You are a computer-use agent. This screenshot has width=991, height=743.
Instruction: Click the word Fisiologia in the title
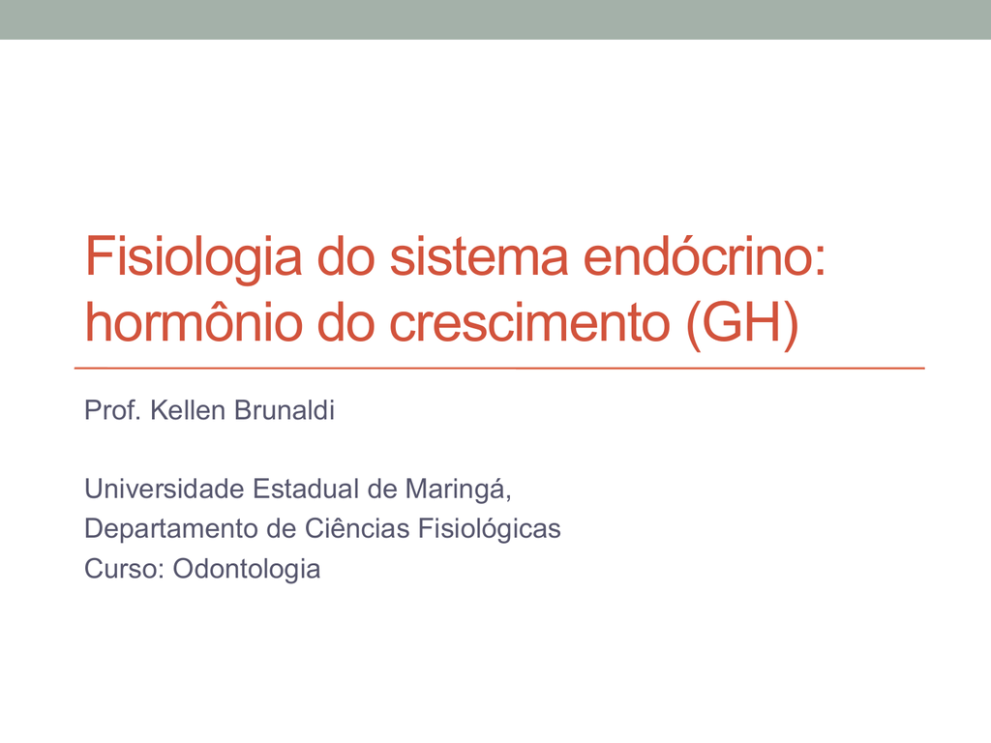(x=194, y=257)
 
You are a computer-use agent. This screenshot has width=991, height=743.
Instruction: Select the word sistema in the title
(x=479, y=255)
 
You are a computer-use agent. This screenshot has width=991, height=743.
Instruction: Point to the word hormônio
(x=194, y=321)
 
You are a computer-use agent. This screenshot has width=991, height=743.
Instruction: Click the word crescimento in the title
(x=529, y=323)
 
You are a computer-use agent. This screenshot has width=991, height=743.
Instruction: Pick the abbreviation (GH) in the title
(x=742, y=323)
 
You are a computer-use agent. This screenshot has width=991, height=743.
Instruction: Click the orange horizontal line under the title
(x=499, y=368)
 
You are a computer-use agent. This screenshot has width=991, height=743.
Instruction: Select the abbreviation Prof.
(x=112, y=410)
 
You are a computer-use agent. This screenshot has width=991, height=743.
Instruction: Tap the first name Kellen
(x=188, y=410)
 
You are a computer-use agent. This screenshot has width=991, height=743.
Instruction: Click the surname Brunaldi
(x=285, y=410)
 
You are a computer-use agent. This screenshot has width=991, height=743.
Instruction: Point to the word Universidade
(x=165, y=489)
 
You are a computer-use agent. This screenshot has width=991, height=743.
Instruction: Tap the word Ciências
(x=357, y=528)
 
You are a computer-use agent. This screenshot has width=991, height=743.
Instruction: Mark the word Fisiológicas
(x=490, y=529)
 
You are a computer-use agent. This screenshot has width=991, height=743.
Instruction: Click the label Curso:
(x=125, y=569)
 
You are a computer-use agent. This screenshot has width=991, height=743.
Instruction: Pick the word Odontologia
(x=247, y=569)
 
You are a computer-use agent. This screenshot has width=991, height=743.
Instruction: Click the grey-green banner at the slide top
(x=495, y=19)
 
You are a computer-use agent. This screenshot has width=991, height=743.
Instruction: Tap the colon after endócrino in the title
(x=820, y=261)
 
